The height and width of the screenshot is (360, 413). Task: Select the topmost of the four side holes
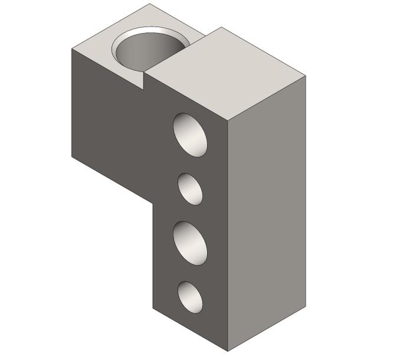coord(191,135)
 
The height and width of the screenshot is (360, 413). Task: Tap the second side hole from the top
coord(191,189)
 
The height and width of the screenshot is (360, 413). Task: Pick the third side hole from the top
coord(191,243)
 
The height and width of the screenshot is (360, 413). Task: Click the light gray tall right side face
coord(267,212)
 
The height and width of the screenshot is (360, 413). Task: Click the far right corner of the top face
coord(306,76)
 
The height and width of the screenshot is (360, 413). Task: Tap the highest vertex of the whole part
coord(149,4)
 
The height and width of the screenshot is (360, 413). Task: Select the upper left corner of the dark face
coord(72,48)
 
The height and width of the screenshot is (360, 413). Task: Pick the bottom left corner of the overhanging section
coord(72,157)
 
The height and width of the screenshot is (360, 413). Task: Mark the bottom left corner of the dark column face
coord(153,309)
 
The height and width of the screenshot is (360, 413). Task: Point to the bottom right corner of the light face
coord(306,307)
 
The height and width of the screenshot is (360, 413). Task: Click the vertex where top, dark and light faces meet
coord(228,121)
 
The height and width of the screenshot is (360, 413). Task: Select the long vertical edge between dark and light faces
coord(228,236)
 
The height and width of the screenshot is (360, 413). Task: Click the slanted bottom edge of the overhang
coord(112,179)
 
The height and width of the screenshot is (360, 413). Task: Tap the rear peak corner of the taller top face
coord(222,27)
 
